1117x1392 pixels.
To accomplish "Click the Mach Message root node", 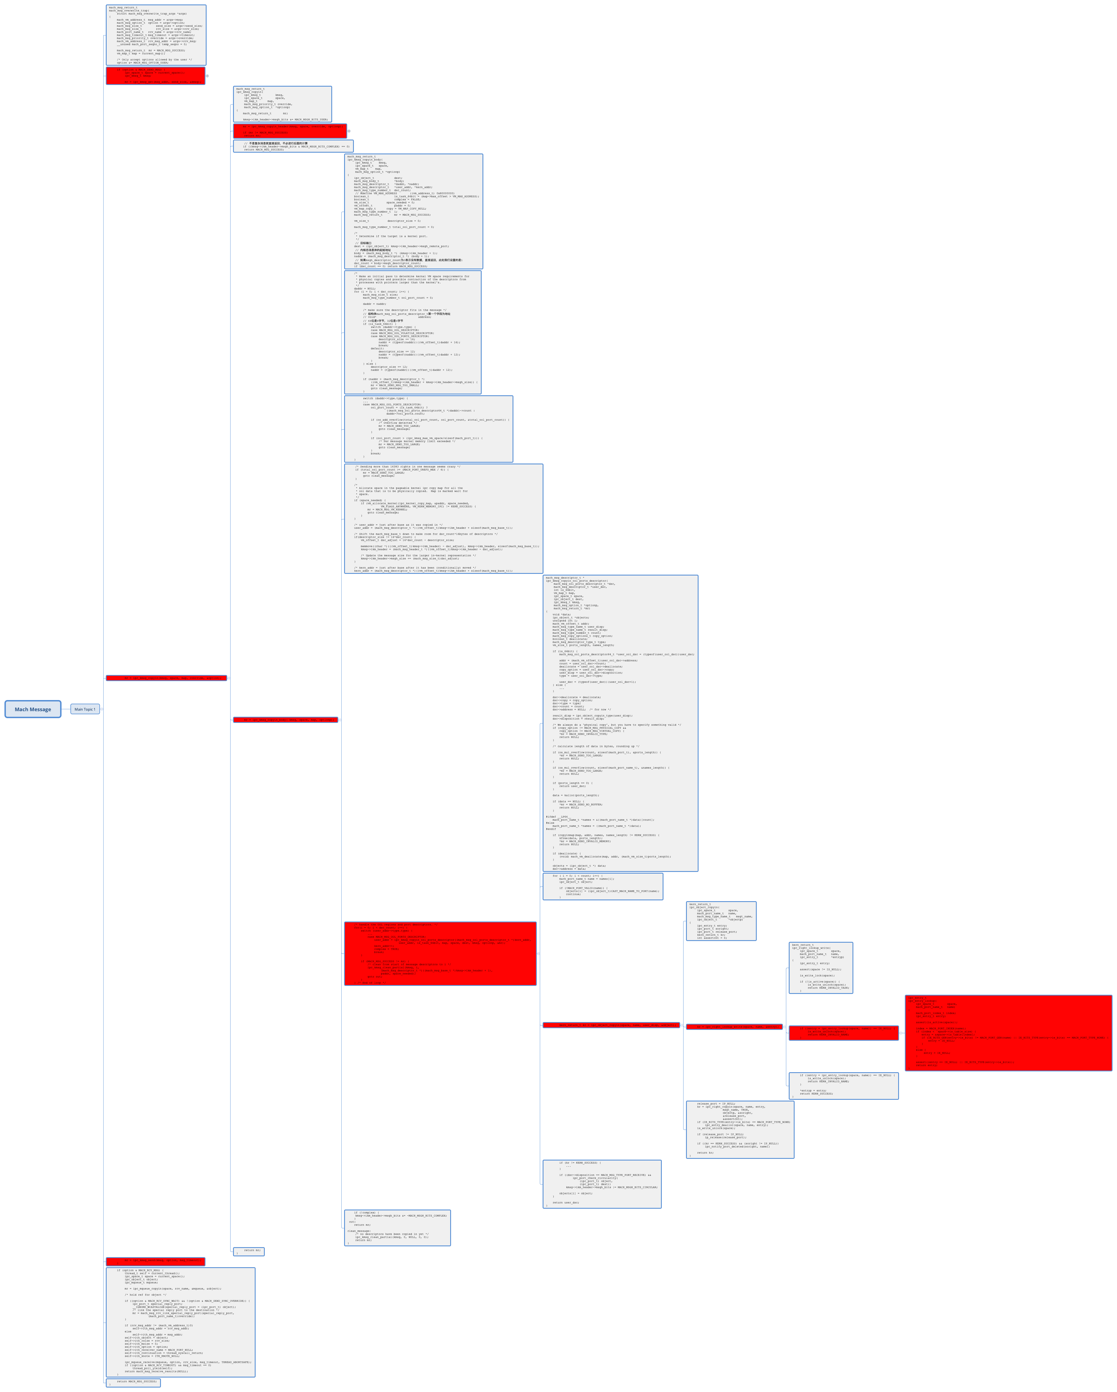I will point(33,709).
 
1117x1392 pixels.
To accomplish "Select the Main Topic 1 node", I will point(85,709).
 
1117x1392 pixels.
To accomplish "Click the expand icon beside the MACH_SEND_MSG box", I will point(207,75).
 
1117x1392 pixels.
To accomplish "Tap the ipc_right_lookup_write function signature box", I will point(821,967).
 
